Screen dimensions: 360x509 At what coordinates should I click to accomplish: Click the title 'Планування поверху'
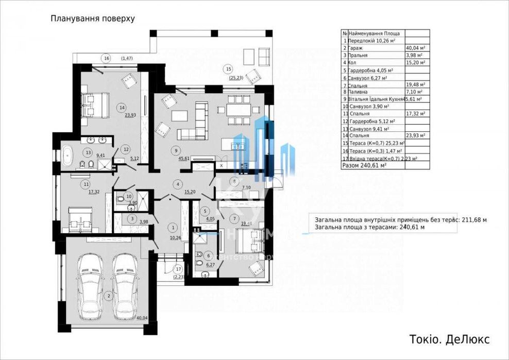(x=93, y=19)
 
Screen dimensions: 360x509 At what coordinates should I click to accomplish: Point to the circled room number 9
(x=176, y=150)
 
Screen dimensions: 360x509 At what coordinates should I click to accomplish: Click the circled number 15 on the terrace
(x=228, y=68)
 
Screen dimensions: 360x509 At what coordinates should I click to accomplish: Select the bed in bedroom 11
(x=80, y=218)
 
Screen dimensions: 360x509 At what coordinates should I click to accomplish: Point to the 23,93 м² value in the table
(x=415, y=135)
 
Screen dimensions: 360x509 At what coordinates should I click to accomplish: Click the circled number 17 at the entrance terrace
(x=178, y=268)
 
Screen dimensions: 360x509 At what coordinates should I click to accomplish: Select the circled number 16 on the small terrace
(x=106, y=58)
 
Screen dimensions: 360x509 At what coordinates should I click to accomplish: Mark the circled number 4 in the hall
(x=177, y=184)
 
